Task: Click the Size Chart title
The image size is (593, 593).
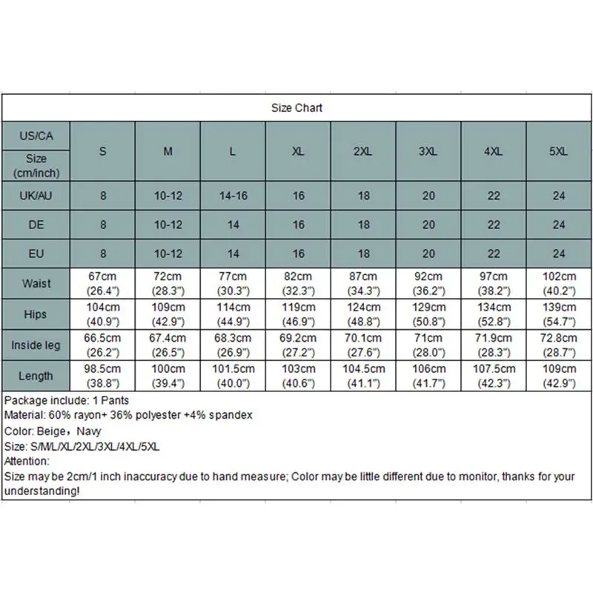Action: [296, 108]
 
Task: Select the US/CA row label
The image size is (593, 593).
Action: [36, 136]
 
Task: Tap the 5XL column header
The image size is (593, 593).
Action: [558, 151]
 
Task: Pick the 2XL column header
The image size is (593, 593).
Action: [363, 151]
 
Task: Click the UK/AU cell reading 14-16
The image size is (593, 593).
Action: [233, 196]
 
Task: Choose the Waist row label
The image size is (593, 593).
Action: [36, 284]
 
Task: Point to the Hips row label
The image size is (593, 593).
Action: [36, 314]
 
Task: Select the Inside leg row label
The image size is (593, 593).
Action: [36, 345]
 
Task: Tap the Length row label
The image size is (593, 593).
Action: [36, 376]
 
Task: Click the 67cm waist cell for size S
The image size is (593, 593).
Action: [102, 284]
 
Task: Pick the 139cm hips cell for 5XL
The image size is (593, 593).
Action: [558, 314]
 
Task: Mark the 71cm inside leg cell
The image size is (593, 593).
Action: [428, 345]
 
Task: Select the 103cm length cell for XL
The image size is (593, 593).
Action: [298, 376]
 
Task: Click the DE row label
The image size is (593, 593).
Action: [36, 225]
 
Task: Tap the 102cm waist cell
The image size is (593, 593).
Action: [558, 284]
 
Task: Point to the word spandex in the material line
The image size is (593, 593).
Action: [233, 415]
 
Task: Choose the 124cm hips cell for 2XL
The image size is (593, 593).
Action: [363, 314]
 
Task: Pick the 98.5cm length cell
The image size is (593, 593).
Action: [102, 376]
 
